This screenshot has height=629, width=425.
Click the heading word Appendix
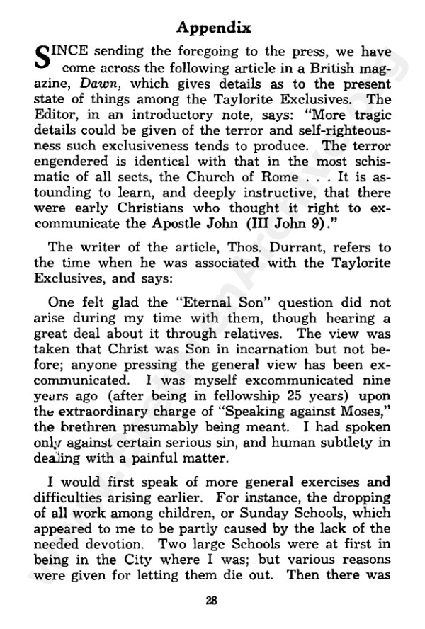point(213,28)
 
